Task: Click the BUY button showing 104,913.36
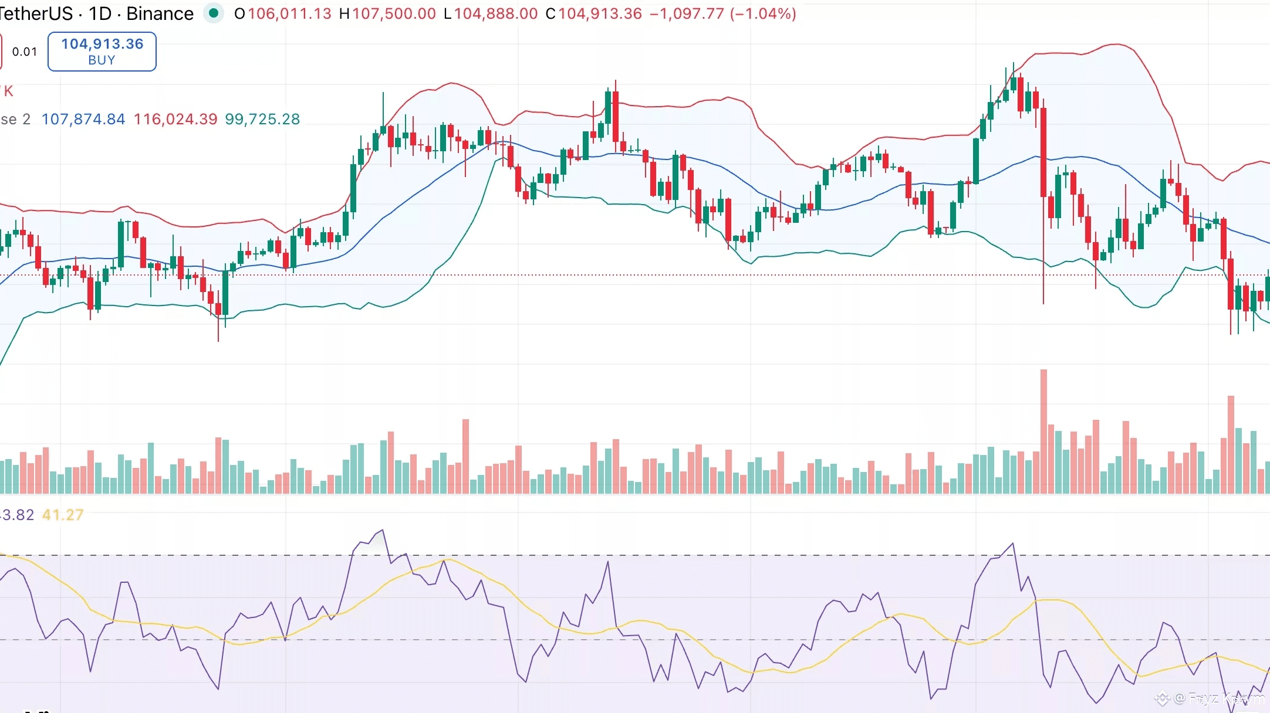click(x=102, y=52)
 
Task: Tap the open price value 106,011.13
click(x=289, y=13)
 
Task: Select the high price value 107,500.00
click(x=394, y=13)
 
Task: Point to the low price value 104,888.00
click(x=496, y=13)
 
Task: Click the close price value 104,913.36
click(x=600, y=13)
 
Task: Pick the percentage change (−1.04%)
click(x=763, y=13)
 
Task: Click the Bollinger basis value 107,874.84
click(x=83, y=119)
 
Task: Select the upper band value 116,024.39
click(x=175, y=119)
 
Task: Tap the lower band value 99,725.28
click(x=262, y=119)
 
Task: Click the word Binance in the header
click(x=160, y=13)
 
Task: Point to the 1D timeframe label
click(x=100, y=13)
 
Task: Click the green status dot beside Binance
click(x=214, y=13)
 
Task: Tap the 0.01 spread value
click(x=25, y=52)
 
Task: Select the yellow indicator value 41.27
click(x=63, y=515)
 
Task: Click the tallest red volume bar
click(x=1043, y=431)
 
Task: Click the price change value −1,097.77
click(x=687, y=13)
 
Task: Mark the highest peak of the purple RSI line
click(x=383, y=530)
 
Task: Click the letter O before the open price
click(x=239, y=13)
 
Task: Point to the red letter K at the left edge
click(x=8, y=91)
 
